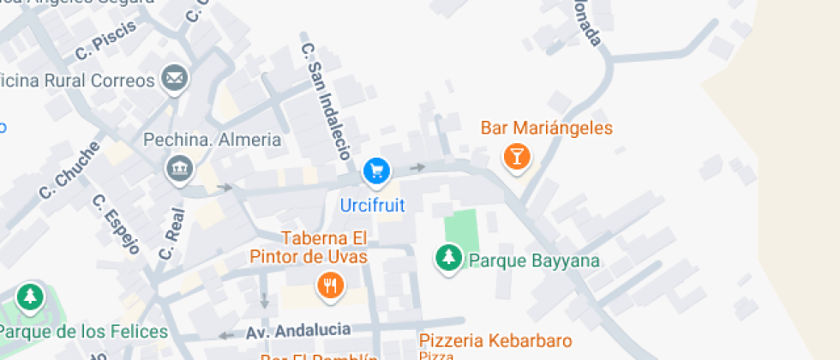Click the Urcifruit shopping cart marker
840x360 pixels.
click(375, 171)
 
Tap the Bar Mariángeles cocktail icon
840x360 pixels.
click(516, 156)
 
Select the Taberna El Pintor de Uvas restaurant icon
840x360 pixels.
click(330, 285)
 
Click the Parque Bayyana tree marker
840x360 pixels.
click(447, 257)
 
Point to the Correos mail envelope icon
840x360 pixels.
click(176, 80)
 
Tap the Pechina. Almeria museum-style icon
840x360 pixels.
click(179, 169)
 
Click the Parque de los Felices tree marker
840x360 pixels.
click(31, 297)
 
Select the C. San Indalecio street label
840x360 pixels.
click(327, 99)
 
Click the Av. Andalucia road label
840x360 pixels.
click(298, 330)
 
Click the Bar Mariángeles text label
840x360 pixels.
click(546, 129)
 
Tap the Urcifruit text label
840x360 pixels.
click(372, 206)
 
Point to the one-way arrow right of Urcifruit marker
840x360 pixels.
click(417, 167)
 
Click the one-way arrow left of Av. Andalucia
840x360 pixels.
click(226, 335)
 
